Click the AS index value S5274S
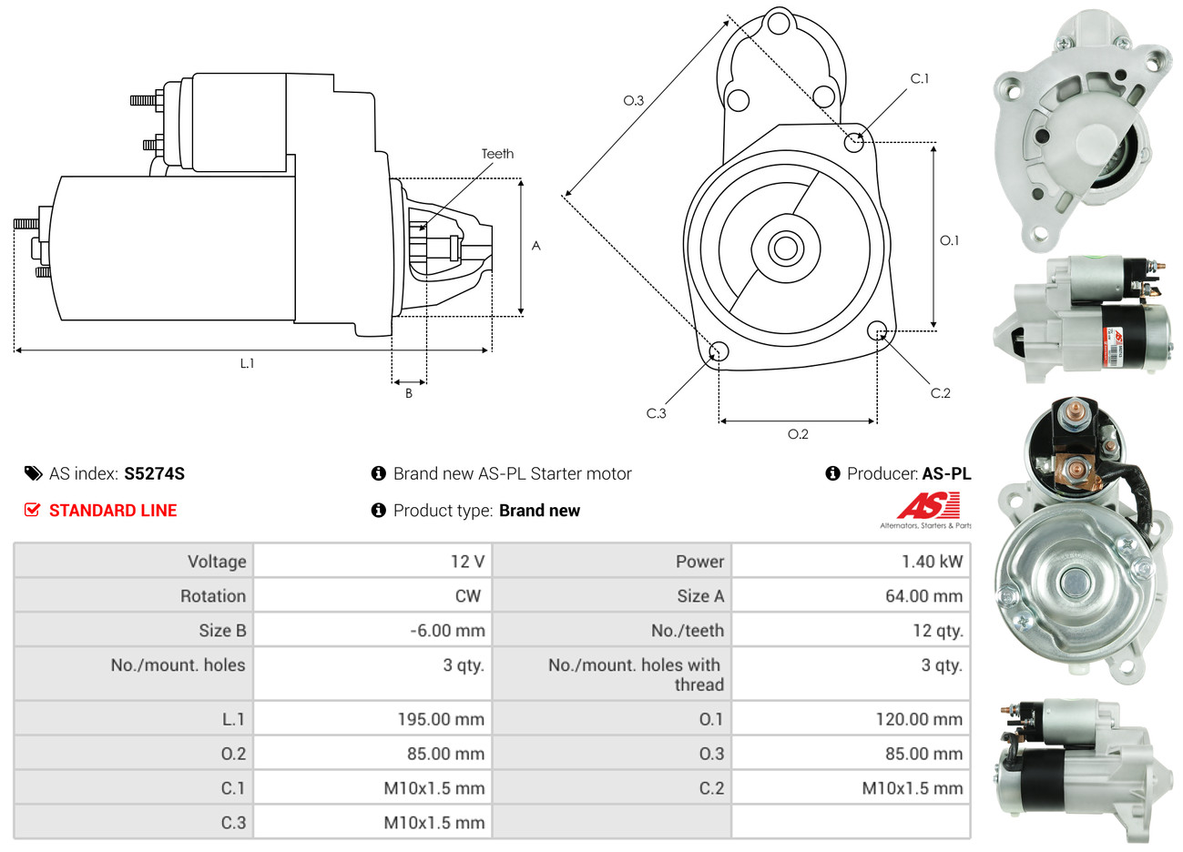click(154, 473)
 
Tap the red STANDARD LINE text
click(113, 511)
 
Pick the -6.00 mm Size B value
click(447, 631)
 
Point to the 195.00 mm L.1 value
click(441, 719)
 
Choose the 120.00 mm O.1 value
click(919, 719)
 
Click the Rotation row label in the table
click(213, 596)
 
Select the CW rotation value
click(468, 596)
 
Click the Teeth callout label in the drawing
click(497, 154)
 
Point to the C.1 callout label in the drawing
click(920, 79)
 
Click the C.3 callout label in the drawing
click(656, 413)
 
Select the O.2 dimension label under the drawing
click(798, 434)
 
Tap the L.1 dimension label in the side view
click(247, 363)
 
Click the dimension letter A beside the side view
click(536, 246)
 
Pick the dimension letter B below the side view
click(409, 393)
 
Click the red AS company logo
click(928, 506)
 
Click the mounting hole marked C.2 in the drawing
click(877, 330)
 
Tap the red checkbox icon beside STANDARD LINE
click(33, 510)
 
